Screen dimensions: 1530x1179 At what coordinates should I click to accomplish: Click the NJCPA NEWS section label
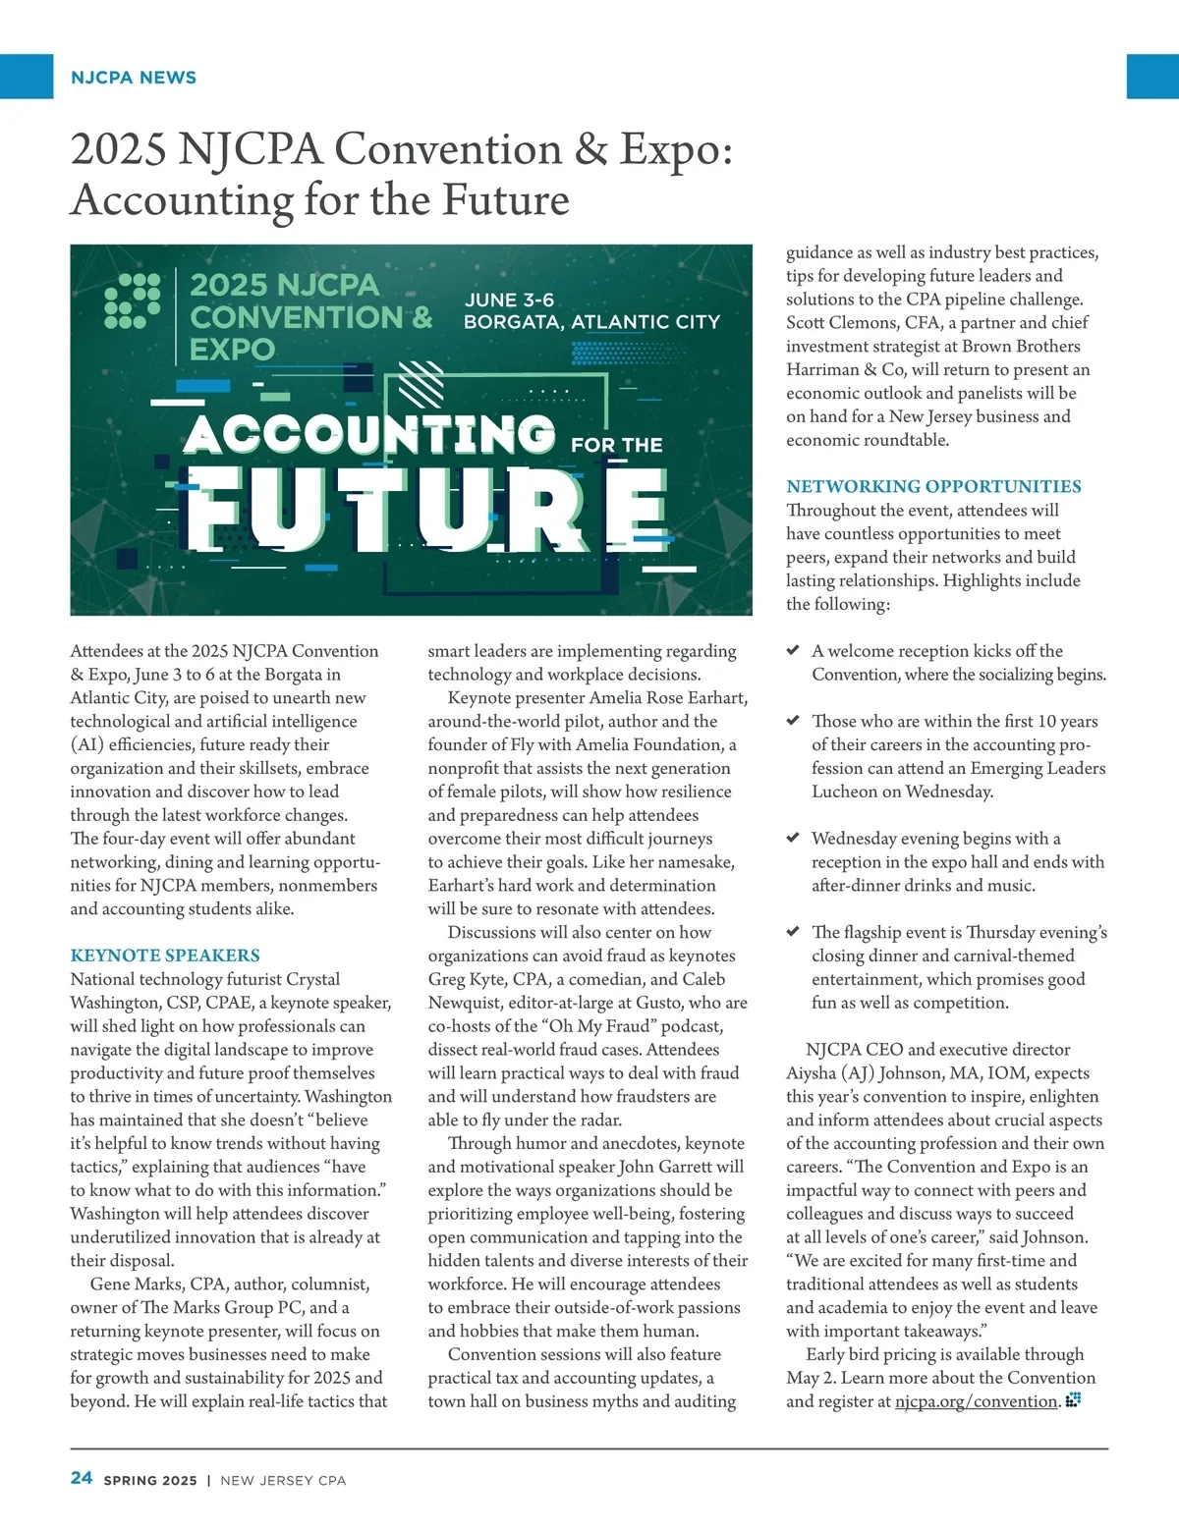point(134,78)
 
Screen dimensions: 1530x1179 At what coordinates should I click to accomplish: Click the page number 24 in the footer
point(82,1478)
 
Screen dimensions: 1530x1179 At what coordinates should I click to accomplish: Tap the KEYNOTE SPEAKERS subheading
point(165,956)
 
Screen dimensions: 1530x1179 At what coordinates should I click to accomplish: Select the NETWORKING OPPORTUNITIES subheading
point(933,486)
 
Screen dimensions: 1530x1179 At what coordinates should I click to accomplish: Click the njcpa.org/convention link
point(977,1401)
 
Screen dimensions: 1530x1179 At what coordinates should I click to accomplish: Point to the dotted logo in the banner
point(133,301)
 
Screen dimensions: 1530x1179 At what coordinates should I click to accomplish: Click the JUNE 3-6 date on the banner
point(509,300)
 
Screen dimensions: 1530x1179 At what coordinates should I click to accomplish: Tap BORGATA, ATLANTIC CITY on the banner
point(591,322)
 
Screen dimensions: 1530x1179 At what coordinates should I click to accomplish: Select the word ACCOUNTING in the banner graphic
point(369,434)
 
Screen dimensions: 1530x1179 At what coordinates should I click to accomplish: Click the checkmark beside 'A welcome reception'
point(793,650)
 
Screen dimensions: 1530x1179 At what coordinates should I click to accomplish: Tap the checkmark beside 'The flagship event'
point(793,931)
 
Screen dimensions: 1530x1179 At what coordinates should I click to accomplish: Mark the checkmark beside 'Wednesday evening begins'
point(793,838)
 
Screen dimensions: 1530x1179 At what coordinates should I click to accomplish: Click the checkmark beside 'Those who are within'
point(793,721)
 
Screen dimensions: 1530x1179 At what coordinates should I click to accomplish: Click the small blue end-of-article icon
point(1073,1399)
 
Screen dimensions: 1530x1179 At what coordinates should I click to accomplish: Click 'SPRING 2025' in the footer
point(150,1480)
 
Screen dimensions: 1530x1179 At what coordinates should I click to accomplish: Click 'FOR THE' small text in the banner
point(617,445)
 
